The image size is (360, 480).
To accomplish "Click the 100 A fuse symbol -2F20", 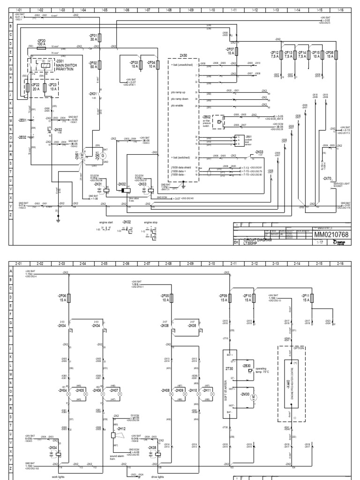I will (41, 47).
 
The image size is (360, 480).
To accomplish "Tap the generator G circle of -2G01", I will (104, 156).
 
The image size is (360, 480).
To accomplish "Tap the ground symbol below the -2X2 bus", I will (57, 217).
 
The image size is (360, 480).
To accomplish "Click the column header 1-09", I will (190, 9).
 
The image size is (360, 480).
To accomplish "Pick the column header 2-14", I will (297, 264).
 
